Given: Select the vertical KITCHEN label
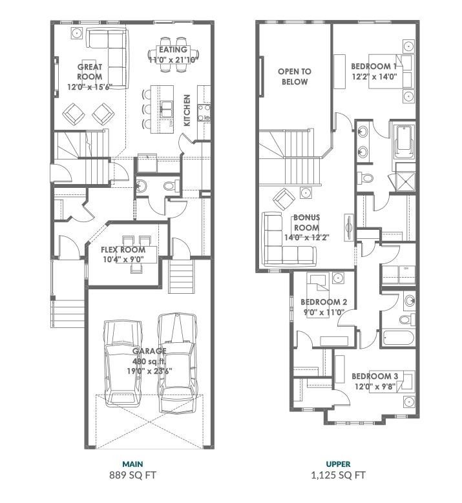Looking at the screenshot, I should pyautogui.click(x=187, y=110).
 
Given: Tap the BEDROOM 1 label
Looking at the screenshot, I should pyautogui.click(x=373, y=71).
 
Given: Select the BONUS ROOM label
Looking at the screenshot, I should pyautogui.click(x=307, y=227).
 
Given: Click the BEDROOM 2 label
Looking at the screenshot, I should pyautogui.click(x=324, y=307).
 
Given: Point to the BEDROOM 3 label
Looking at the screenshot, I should pyautogui.click(x=373, y=381).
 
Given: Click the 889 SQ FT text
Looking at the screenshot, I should pyautogui.click(x=132, y=476).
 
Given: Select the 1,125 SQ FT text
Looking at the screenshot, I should pyautogui.click(x=338, y=476).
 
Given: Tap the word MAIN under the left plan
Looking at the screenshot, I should pyautogui.click(x=132, y=464).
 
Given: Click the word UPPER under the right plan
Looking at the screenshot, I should pyautogui.click(x=338, y=464).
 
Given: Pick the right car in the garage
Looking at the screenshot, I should pyautogui.click(x=176, y=363).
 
